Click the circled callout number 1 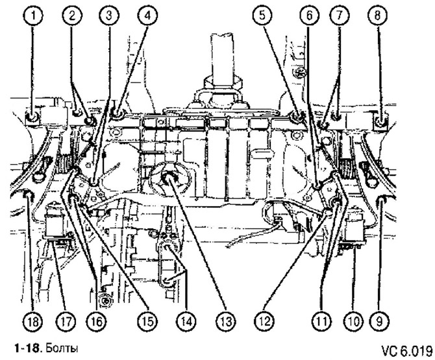pos(33,16)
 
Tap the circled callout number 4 pos(147,16)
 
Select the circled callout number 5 pos(262,16)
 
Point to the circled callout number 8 pos(378,16)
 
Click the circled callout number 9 pos(380,321)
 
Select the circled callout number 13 pos(226,321)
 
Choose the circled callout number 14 pos(186,321)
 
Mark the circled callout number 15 pos(147,321)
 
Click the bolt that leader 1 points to pos(32,118)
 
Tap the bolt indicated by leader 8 pos(381,121)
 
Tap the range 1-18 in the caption pos(27,348)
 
